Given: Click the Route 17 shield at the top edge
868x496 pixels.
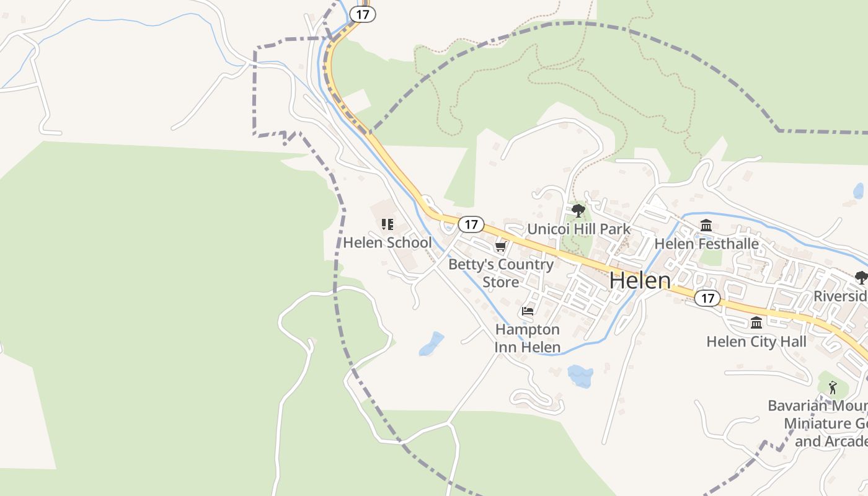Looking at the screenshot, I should pyautogui.click(x=363, y=14).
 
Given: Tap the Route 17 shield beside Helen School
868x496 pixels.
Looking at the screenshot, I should pyautogui.click(x=471, y=224).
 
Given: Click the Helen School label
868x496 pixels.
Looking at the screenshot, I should pyautogui.click(x=387, y=242).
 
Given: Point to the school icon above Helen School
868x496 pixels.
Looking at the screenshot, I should pyautogui.click(x=387, y=224).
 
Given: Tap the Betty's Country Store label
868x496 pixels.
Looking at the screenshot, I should pyautogui.click(x=501, y=273).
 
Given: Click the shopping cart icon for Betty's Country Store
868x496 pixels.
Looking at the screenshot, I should pyautogui.click(x=500, y=247).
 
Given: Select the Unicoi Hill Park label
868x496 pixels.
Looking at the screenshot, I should pyautogui.click(x=578, y=229).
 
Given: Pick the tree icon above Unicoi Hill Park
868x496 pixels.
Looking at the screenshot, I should pyautogui.click(x=578, y=211).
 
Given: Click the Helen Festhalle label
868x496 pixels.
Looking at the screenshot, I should pyautogui.click(x=706, y=244).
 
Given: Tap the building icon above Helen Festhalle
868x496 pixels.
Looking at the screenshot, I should pyautogui.click(x=706, y=226).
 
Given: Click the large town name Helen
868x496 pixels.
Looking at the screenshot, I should pyautogui.click(x=640, y=280).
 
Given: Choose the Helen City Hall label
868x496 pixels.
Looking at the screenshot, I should pyautogui.click(x=756, y=341).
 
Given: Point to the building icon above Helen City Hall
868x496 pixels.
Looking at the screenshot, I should pyautogui.click(x=756, y=323).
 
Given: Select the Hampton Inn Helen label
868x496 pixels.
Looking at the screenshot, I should pyautogui.click(x=528, y=338).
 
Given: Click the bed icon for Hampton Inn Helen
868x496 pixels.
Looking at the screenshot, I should pyautogui.click(x=528, y=311).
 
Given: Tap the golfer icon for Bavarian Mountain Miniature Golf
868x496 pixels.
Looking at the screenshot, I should pyautogui.click(x=832, y=387).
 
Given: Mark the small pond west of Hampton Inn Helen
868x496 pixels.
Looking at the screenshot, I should pyautogui.click(x=432, y=344).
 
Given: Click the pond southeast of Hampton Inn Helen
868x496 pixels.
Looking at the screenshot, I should pyautogui.click(x=580, y=376).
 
